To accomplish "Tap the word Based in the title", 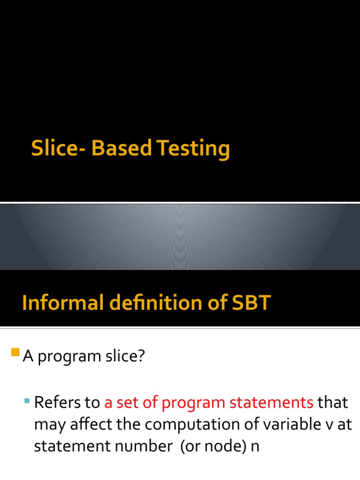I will [122, 149].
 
